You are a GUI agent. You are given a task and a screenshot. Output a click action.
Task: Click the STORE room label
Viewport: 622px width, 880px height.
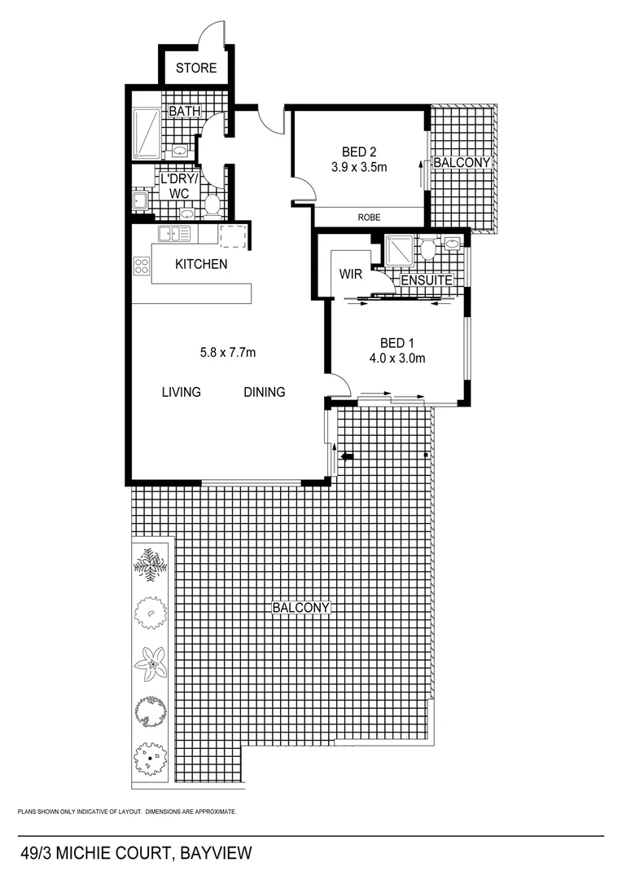[196, 68]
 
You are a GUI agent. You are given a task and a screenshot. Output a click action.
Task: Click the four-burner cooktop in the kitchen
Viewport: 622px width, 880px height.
[142, 265]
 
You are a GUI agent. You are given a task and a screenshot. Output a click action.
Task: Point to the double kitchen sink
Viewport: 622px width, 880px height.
[175, 234]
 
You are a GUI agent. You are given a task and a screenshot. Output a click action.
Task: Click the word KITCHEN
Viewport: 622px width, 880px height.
[201, 264]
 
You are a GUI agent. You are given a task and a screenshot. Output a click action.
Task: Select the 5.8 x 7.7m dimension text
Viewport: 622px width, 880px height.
[228, 353]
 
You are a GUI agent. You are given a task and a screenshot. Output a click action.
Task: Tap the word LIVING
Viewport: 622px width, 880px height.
[181, 392]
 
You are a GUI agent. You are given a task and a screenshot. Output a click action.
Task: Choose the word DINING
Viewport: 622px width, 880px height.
[265, 392]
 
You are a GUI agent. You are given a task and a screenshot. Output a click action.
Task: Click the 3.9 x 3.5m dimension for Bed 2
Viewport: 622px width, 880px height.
[359, 167]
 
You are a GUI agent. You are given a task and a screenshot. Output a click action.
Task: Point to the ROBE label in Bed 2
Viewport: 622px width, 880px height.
[369, 218]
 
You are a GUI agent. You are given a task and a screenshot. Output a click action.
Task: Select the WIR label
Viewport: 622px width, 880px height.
[351, 274]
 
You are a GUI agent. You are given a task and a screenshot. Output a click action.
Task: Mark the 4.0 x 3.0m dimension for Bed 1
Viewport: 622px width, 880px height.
[398, 358]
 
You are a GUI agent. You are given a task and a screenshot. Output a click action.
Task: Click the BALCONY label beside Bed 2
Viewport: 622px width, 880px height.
[462, 163]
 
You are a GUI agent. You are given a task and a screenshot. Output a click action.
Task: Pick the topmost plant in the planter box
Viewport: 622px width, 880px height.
[151, 564]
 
